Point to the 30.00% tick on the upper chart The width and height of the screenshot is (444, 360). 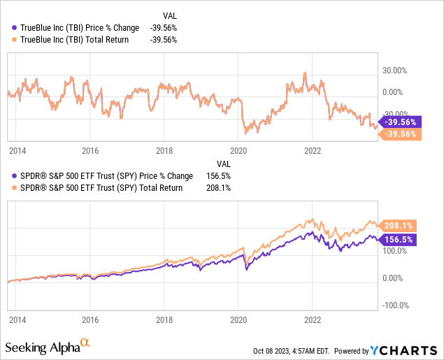coord(393,71)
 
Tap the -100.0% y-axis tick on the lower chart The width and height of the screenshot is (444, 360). coord(393,305)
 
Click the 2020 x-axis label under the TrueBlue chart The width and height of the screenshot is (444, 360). coord(238,150)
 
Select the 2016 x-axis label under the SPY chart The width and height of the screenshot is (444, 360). coord(89,317)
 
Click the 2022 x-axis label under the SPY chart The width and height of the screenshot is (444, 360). coord(313,317)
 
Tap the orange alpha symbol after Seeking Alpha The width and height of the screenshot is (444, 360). coord(85,343)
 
